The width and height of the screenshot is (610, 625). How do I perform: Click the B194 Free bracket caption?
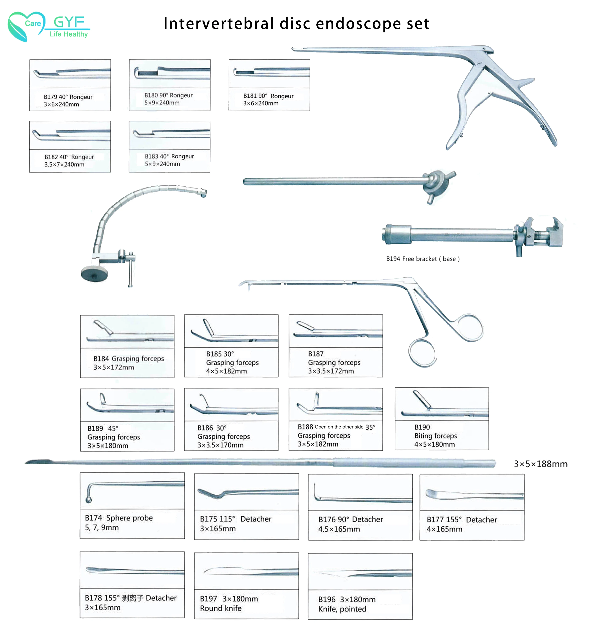click(423, 259)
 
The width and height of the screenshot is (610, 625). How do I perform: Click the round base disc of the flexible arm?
click(94, 274)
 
